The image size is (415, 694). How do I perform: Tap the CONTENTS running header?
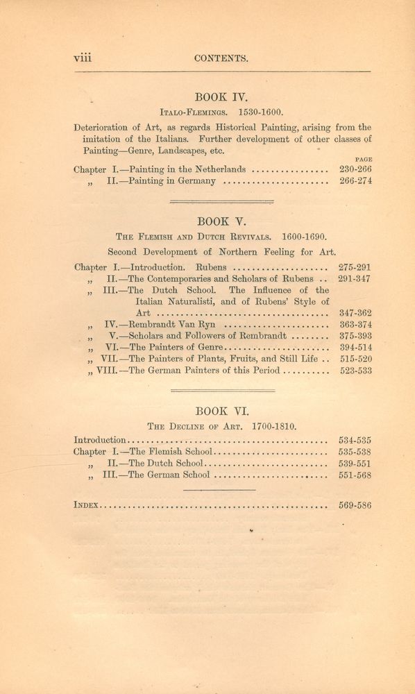click(221, 59)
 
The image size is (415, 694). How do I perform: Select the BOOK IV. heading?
click(221, 98)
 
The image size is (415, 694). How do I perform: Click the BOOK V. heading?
click(221, 221)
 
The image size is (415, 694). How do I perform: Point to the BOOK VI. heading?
click(221, 410)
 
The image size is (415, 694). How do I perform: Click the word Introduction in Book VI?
click(100, 439)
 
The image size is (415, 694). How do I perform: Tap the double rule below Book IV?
click(221, 201)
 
